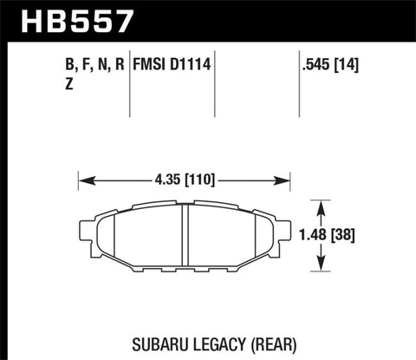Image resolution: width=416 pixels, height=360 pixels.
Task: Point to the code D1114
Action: (192, 64)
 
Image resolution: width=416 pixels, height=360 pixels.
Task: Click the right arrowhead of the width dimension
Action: (289, 180)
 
